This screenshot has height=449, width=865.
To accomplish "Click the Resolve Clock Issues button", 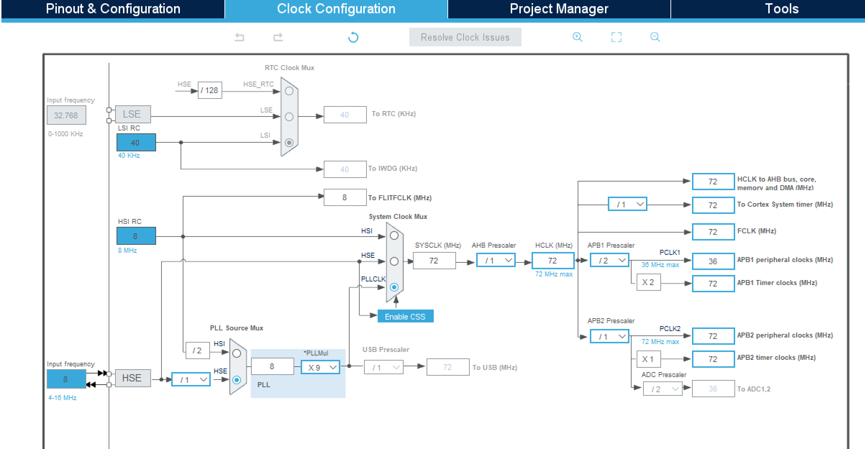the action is tap(465, 37).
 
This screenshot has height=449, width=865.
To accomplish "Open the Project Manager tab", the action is tap(559, 9).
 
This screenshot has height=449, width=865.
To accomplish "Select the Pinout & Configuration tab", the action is tap(113, 9).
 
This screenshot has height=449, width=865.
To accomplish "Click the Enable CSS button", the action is tap(405, 316).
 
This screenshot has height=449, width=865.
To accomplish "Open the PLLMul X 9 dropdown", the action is tap(320, 367).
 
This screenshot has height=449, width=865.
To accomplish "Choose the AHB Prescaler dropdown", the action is tap(496, 260).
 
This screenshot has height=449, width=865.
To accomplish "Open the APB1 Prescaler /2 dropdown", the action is tap(609, 260).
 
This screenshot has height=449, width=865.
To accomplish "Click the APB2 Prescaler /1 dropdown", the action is tap(609, 336).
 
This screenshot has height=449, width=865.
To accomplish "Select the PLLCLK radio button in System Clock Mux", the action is tap(394, 287).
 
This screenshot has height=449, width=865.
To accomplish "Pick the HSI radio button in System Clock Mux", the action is tap(394, 235).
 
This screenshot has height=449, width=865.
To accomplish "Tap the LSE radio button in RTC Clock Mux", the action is tap(289, 117).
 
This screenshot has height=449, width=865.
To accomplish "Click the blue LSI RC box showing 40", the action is tap(136, 142).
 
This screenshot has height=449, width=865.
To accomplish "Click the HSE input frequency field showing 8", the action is tap(66, 379).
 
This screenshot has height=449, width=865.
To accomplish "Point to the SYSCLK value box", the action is tap(434, 261).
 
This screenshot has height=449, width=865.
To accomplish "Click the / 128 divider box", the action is tap(210, 90).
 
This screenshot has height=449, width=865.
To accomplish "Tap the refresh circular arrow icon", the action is tap(353, 37).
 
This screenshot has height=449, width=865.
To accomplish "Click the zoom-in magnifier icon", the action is tap(577, 37).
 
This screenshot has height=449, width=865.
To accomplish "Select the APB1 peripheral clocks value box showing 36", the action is tap(713, 261).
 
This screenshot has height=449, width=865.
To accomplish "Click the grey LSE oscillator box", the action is tap(133, 114).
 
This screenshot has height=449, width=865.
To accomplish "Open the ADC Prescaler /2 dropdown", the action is tap(663, 389).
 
